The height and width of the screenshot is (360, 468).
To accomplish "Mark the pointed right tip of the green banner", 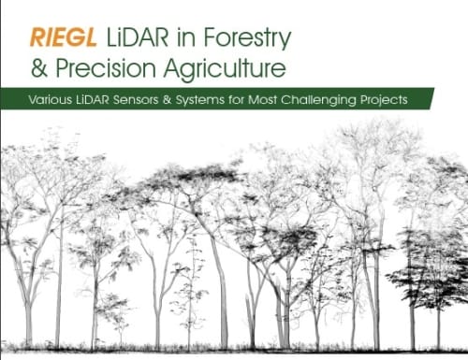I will point(465,98).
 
